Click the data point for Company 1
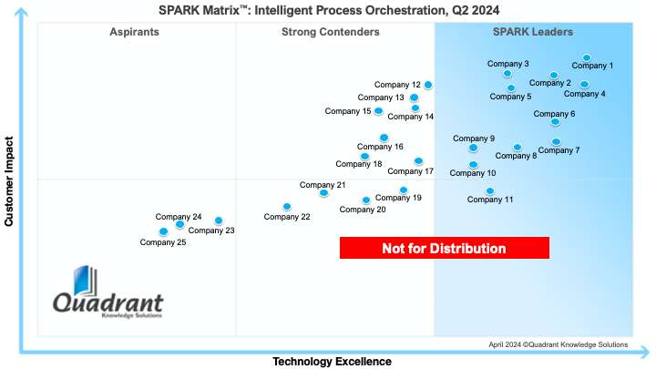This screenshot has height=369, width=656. [x=587, y=58]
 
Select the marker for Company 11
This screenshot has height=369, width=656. [x=490, y=191]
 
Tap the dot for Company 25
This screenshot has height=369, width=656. [x=163, y=231]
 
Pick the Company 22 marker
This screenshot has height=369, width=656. [x=287, y=207]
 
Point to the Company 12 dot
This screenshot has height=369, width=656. [x=428, y=85]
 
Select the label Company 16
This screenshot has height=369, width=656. [x=380, y=147]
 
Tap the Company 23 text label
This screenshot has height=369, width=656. [x=211, y=231]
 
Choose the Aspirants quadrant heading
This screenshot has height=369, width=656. [x=134, y=32]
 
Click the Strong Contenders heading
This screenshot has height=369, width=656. [x=331, y=32]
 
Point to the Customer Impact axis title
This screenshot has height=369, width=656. [x=9, y=181]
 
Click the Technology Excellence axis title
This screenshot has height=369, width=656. [x=332, y=362]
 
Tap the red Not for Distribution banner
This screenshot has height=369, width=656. [x=444, y=248]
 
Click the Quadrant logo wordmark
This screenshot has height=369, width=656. [x=108, y=303]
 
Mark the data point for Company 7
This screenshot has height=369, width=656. [x=556, y=142]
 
